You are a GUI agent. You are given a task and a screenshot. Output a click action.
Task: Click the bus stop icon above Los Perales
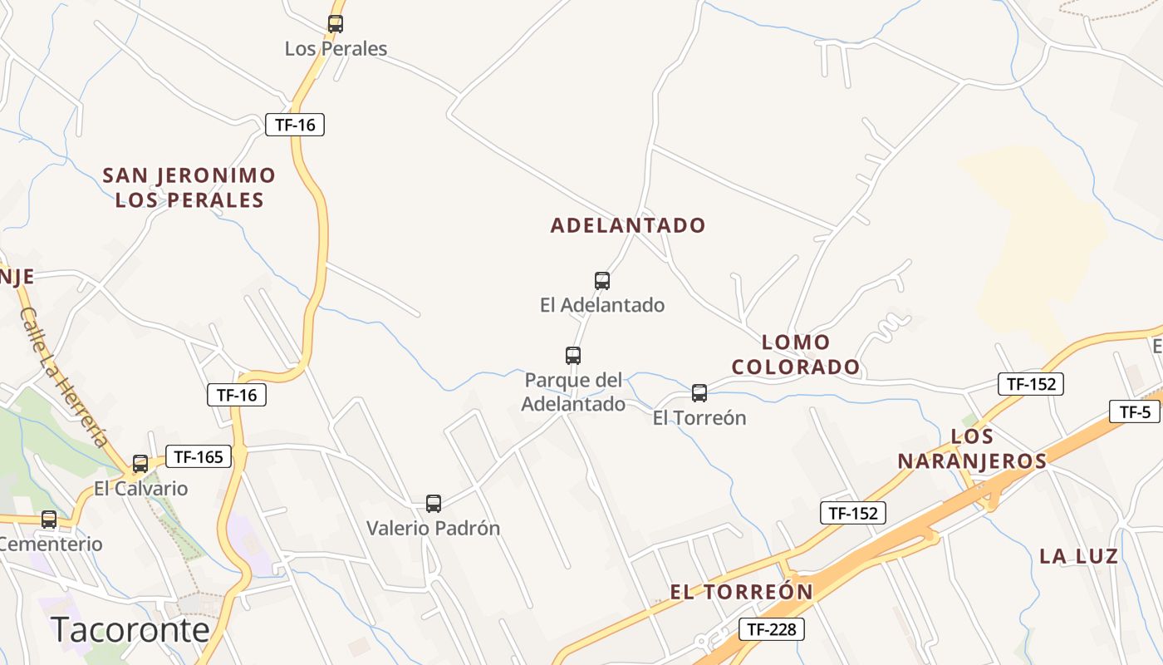point(336,24)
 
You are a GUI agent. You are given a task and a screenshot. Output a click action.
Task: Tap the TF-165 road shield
point(199,456)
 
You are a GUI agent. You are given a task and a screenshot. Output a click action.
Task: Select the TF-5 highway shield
point(1134,411)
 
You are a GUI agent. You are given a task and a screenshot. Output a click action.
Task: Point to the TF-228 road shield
point(771,629)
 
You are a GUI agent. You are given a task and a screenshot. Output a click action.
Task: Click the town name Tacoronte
point(130,630)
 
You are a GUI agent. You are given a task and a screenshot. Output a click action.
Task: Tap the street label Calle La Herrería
point(64,377)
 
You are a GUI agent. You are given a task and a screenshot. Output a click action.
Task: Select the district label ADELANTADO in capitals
point(628,225)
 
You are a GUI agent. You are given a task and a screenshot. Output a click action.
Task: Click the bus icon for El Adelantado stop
point(602,281)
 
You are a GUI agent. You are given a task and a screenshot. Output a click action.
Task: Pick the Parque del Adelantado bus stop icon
point(573,356)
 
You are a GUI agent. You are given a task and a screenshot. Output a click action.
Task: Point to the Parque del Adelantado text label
point(574,392)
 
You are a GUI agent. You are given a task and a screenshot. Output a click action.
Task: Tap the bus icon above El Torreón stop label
point(699,393)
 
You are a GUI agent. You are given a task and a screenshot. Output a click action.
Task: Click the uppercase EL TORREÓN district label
point(742,592)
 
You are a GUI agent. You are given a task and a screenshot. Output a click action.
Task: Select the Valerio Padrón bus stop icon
point(434,503)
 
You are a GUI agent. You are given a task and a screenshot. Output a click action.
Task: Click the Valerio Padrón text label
point(434,528)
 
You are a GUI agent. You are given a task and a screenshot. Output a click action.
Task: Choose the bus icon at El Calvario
point(140,463)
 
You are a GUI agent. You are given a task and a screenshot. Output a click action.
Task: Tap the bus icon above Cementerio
point(49,520)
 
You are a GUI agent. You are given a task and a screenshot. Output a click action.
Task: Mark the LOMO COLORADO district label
point(796,354)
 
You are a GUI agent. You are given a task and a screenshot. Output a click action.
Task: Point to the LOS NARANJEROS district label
point(972,449)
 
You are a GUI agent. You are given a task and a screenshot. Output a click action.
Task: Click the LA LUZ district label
point(1079,557)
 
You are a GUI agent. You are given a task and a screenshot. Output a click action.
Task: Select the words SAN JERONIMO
point(189,175)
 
